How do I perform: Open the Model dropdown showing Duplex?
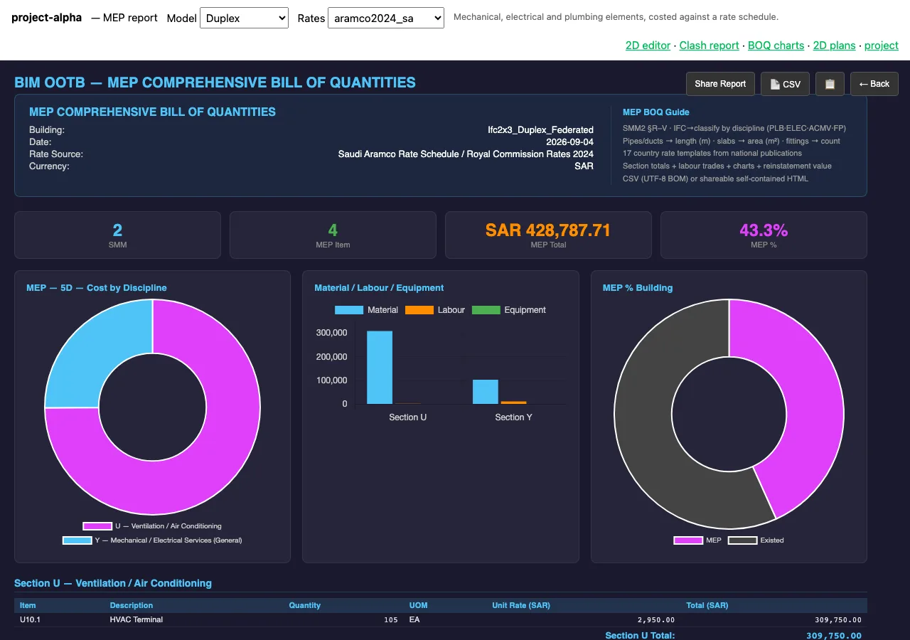(244, 18)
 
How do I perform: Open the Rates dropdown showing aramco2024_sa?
(385, 18)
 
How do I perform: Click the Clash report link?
(709, 45)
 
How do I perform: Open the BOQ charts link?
(776, 45)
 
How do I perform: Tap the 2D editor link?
(648, 45)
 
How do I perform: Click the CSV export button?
(785, 84)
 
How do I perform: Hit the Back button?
(874, 84)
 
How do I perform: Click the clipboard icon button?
(830, 84)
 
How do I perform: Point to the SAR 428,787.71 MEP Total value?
(547, 230)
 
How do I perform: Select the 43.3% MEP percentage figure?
(764, 230)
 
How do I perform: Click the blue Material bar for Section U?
(380, 368)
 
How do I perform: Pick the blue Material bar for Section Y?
(485, 392)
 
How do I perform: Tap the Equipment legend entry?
(508, 309)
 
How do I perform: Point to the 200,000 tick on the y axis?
(331, 357)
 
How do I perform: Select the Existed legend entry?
(756, 540)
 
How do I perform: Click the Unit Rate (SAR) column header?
(521, 605)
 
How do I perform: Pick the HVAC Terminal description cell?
(136, 619)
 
